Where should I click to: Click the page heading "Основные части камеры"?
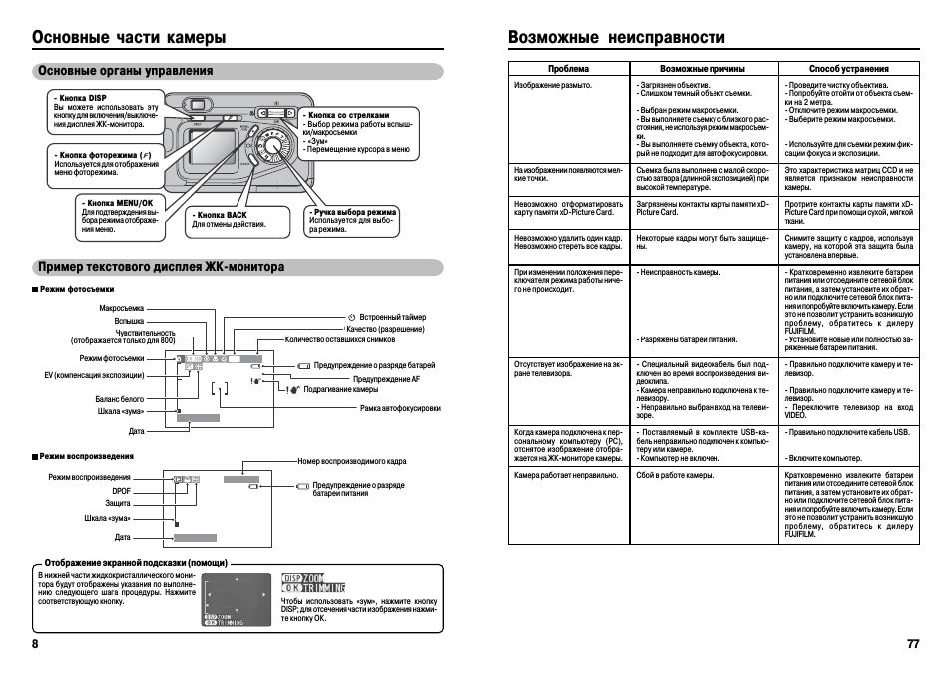point(129,37)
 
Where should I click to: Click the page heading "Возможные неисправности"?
point(616,37)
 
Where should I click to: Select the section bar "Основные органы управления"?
point(125,71)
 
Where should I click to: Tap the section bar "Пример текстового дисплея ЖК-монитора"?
point(161,267)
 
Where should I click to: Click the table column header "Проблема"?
point(568,69)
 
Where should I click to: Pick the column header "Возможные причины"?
point(703,69)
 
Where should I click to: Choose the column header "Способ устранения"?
point(848,69)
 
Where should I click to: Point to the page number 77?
point(912,644)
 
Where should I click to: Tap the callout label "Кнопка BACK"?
point(221,215)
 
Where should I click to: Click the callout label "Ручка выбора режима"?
point(354,212)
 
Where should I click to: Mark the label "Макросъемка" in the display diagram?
point(122,308)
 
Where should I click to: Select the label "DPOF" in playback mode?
point(121,490)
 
